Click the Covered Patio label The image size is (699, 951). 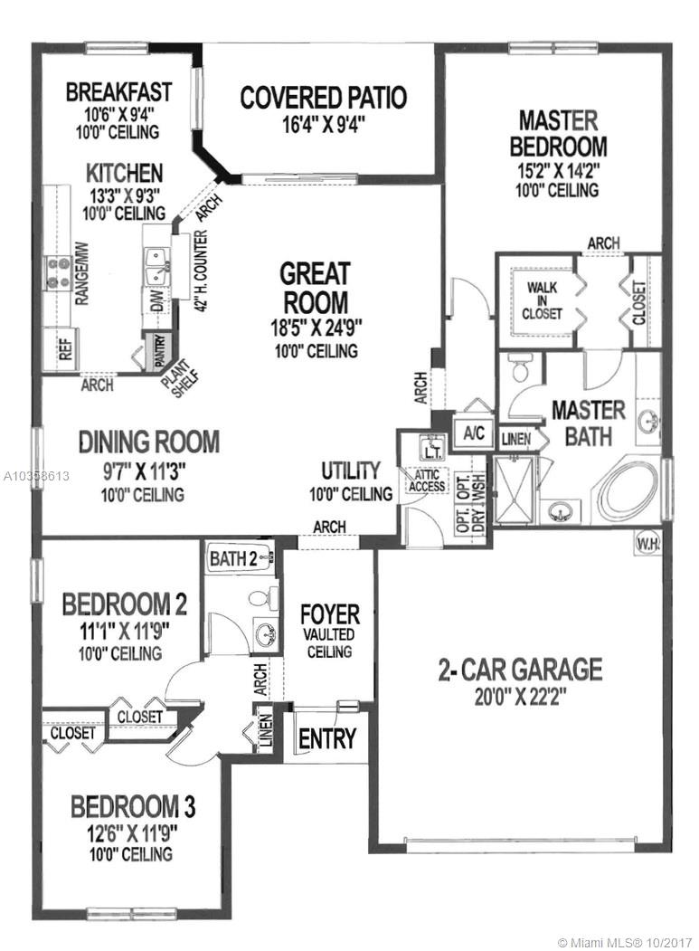pos(323,98)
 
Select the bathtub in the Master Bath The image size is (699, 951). pos(628,494)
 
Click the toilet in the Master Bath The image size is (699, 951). pos(521,367)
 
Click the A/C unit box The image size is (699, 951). pos(474,433)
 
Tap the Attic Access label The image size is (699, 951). pos(427,480)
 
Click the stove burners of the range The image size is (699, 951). pos(59,273)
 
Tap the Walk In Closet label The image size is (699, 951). pos(542,300)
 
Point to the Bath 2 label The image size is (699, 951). pos(233,558)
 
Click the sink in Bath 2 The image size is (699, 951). pos(266,633)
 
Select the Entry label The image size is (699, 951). pos(326,738)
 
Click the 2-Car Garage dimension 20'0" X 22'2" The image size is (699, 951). pos(520,698)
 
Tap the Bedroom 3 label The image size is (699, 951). pos(133,808)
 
